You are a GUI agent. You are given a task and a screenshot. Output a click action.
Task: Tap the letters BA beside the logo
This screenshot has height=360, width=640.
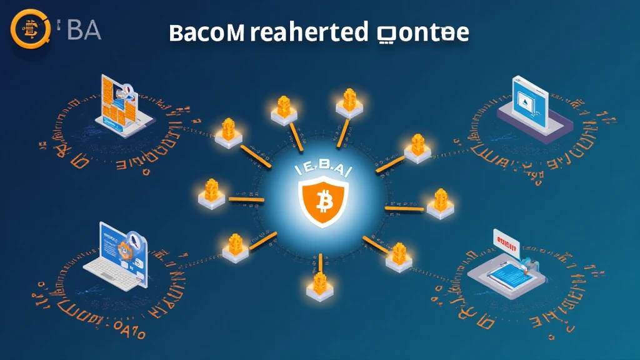(84, 30)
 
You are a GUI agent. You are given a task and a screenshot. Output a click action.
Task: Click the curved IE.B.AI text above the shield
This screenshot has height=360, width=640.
(319, 169)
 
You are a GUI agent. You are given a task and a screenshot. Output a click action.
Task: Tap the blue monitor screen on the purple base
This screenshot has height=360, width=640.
(529, 97)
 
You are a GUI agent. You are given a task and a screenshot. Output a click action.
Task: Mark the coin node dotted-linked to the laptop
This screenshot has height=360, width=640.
(232, 246)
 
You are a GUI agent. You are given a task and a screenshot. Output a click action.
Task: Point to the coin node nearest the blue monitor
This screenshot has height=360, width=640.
(417, 147)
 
